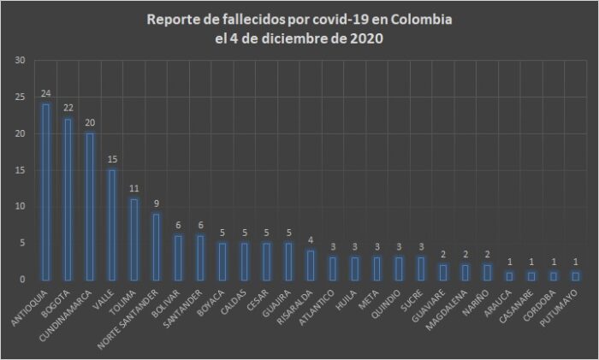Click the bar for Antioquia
[x=45, y=192]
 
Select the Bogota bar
[x=68, y=199]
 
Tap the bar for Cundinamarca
[x=90, y=207]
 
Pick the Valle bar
[x=112, y=225]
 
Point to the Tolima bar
[x=134, y=239]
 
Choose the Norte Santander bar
[x=157, y=246]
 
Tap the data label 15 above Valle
[x=112, y=160]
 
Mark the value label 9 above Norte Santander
[x=157, y=204]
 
